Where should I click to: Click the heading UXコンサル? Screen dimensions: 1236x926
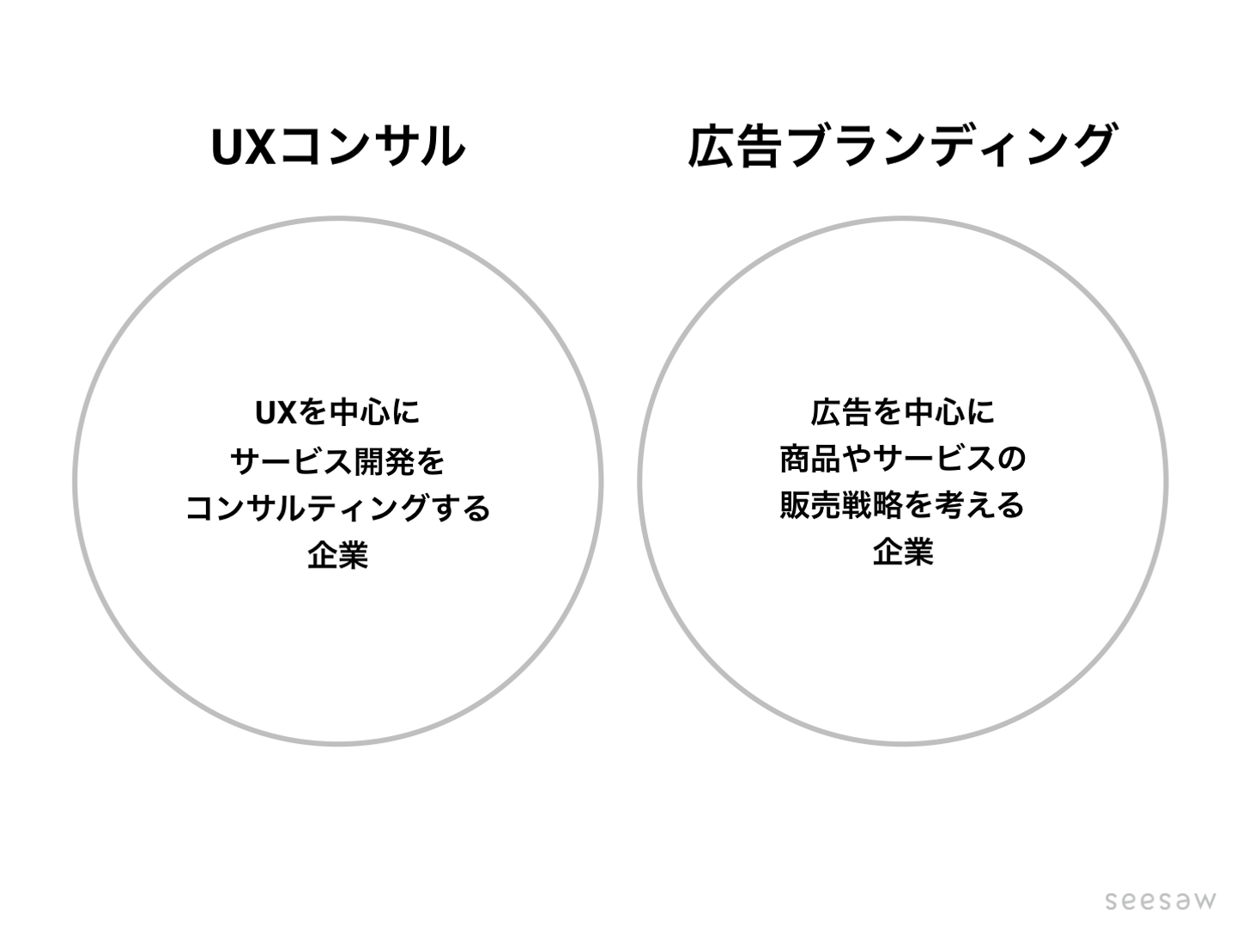click(338, 146)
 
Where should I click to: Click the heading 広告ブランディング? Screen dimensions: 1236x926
click(901, 146)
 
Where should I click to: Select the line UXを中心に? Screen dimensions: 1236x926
click(338, 412)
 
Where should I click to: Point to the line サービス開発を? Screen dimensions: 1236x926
click(338, 460)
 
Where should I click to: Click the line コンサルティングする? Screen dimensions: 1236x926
click(338, 508)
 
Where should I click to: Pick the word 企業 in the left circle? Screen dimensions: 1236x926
click(338, 555)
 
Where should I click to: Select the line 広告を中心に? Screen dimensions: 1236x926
click(903, 411)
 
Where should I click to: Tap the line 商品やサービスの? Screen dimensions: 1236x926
click(903, 459)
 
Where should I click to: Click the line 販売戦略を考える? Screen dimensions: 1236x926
click(903, 505)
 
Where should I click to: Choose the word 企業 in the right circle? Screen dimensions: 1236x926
click(903, 551)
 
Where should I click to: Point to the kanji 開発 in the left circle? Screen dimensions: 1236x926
click(384, 460)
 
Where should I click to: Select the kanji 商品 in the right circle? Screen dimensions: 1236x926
click(810, 459)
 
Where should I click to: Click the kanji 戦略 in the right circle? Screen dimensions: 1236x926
click(872, 505)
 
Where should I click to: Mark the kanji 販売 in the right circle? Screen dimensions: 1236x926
click(810, 505)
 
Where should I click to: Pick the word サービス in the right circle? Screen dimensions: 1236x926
click(933, 459)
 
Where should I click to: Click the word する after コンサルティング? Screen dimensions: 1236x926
click(460, 508)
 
